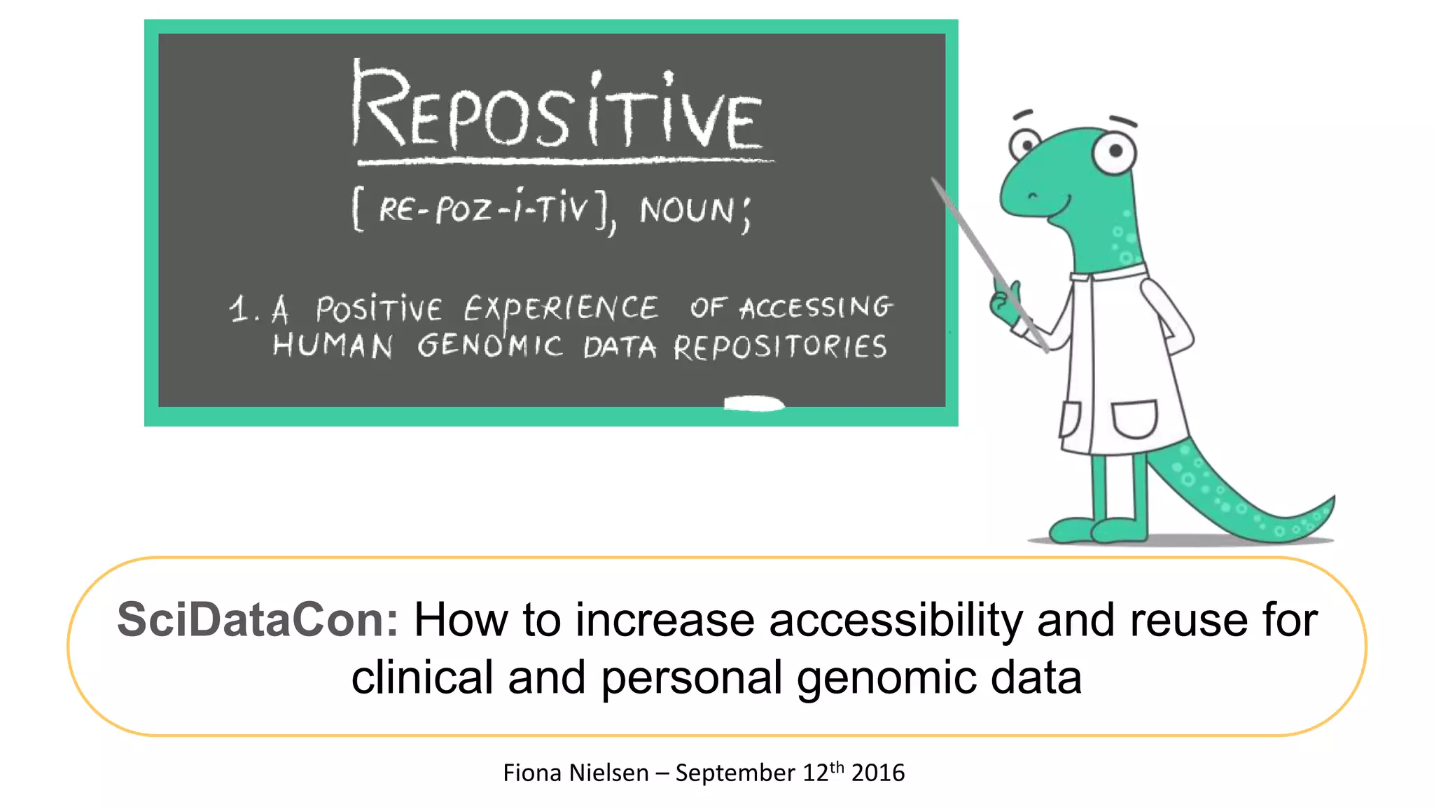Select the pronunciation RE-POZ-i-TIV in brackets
483,208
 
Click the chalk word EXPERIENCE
560,308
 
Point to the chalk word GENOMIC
490,346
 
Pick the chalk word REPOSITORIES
780,347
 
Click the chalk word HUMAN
333,346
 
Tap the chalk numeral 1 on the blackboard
239,309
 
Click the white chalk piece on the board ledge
753,403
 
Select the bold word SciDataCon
257,620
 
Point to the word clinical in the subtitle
422,677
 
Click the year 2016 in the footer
878,773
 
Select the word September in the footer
735,773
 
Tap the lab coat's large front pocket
1134,418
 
